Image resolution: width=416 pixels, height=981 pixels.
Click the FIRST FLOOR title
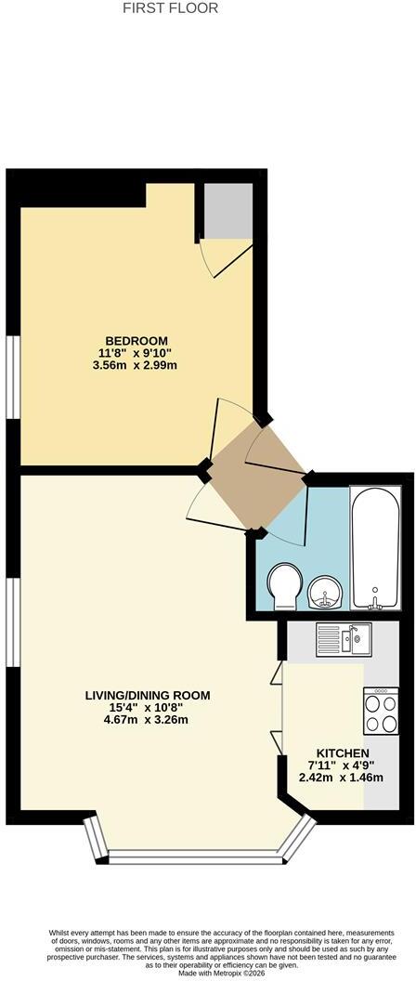pyautogui.click(x=170, y=8)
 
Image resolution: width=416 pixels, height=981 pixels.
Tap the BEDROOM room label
pyautogui.click(x=136, y=341)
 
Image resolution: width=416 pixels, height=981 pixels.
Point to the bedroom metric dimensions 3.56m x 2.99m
pyautogui.click(x=135, y=365)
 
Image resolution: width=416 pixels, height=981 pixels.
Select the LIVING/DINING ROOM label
pyautogui.click(x=148, y=695)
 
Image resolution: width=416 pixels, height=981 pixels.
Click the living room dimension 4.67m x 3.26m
pyautogui.click(x=147, y=719)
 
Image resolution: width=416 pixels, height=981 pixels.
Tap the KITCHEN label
pyautogui.click(x=343, y=753)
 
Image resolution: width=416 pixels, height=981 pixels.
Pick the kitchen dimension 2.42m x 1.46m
pyautogui.click(x=341, y=778)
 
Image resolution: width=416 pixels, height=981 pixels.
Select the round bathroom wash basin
pyautogui.click(x=325, y=591)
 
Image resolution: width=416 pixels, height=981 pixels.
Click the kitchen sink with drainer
pyautogui.click(x=344, y=639)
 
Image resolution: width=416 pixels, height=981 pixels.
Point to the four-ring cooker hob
pyautogui.click(x=381, y=712)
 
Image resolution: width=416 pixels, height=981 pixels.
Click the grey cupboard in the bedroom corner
pyautogui.click(x=229, y=211)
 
